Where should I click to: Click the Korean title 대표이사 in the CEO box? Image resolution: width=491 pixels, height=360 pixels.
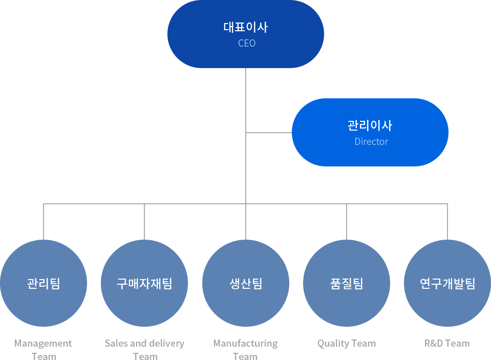point(246,27)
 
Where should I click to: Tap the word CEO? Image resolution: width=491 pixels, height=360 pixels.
point(247,44)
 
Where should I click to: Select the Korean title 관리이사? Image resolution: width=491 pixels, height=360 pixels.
point(370,125)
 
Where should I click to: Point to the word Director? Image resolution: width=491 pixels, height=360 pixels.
point(371,142)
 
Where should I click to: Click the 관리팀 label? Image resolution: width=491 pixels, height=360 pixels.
point(44,283)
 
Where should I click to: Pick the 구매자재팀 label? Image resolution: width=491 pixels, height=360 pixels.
point(144,283)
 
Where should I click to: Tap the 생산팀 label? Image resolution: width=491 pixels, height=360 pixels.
point(246,283)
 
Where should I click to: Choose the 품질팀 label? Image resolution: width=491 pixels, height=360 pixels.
point(347,283)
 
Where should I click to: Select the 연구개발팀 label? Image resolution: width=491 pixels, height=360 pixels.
point(447,283)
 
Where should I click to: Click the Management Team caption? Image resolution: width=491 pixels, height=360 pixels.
point(44,350)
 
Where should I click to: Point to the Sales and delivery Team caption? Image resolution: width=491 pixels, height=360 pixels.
point(144,350)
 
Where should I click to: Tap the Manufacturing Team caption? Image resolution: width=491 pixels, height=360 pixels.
point(245,350)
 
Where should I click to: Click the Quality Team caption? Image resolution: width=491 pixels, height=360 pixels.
point(347,344)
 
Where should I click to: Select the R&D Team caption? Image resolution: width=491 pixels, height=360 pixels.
point(447,344)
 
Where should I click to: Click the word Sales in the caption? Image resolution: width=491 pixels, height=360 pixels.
point(116,344)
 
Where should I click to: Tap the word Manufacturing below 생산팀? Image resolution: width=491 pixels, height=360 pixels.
point(245,344)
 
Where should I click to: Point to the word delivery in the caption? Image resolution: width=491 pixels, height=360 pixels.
point(167,344)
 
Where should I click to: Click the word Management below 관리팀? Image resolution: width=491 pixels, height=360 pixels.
point(44,344)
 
